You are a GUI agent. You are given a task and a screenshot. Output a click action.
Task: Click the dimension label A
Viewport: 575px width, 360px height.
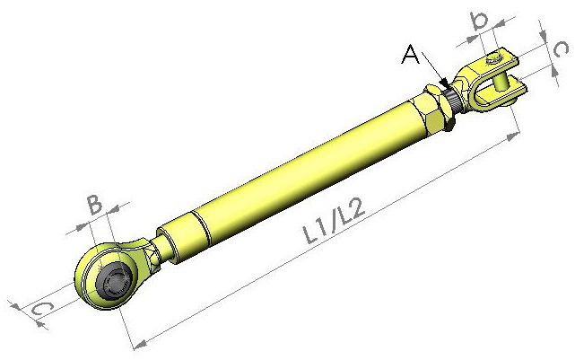(411, 54)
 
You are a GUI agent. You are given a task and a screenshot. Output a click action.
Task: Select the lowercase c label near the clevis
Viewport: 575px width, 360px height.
(560, 49)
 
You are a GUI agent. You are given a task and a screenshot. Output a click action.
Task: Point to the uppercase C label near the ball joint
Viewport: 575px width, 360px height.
(42, 310)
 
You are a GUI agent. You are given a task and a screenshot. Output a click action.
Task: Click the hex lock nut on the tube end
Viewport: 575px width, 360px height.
(439, 109)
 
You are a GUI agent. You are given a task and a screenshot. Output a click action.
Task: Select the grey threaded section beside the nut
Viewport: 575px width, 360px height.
(454, 99)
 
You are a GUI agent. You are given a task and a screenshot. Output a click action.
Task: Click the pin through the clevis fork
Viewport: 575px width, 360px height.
(500, 82)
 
